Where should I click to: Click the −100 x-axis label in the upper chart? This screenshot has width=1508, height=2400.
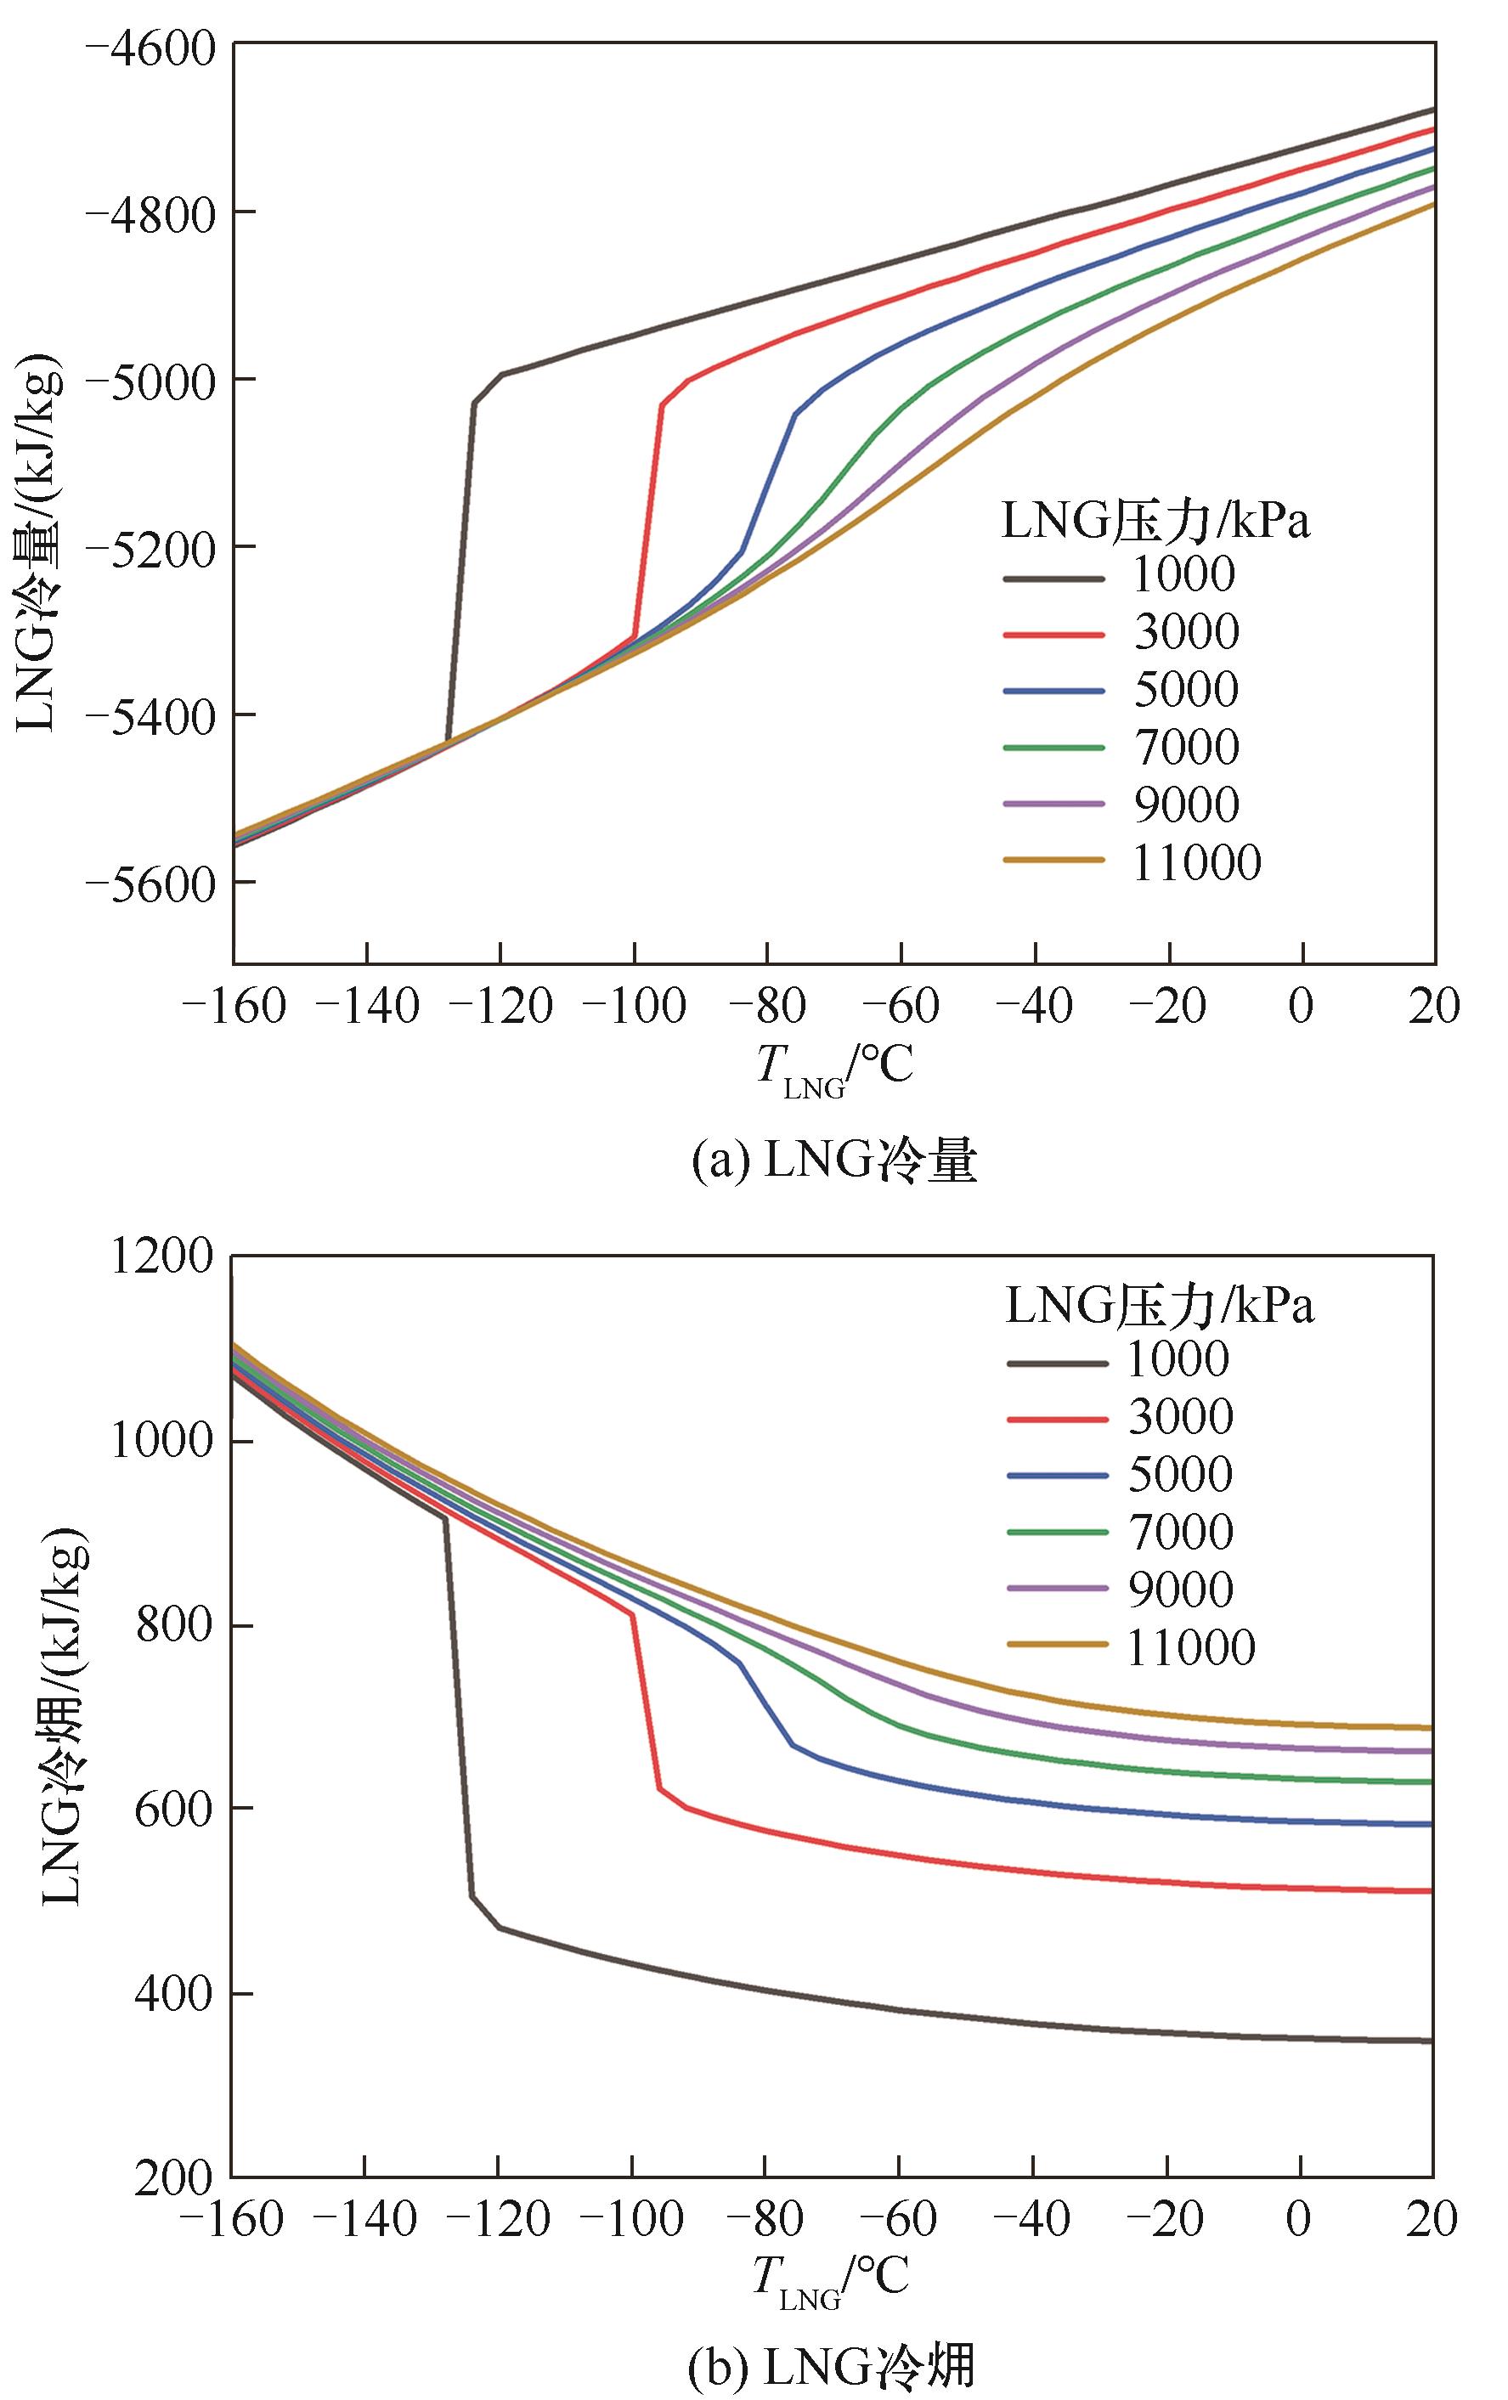(x=633, y=1007)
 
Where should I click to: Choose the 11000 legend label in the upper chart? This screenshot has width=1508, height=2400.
(x=1196, y=863)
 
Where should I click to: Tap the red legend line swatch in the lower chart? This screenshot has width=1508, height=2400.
(x=1057, y=1417)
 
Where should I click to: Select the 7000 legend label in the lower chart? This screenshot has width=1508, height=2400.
(x=1180, y=1532)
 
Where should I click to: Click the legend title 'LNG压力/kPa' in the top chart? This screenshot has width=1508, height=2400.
(x=1155, y=520)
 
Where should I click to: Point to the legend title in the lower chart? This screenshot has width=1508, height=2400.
(x=1159, y=1306)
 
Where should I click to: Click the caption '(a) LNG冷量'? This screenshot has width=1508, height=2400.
(x=833, y=1161)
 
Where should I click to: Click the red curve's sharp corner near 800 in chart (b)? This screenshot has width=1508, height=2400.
(x=632, y=1613)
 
